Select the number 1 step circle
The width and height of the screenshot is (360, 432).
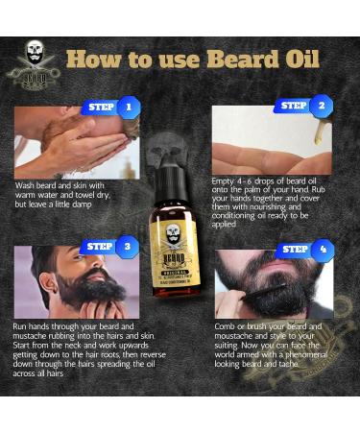point(128,107)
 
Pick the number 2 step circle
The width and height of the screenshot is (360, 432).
point(319,107)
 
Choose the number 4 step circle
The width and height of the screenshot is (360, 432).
point(321,251)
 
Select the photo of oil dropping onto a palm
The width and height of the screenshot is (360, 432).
point(272,142)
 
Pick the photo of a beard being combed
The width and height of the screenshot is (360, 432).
point(273,285)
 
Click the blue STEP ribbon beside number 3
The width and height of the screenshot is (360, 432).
point(99,247)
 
